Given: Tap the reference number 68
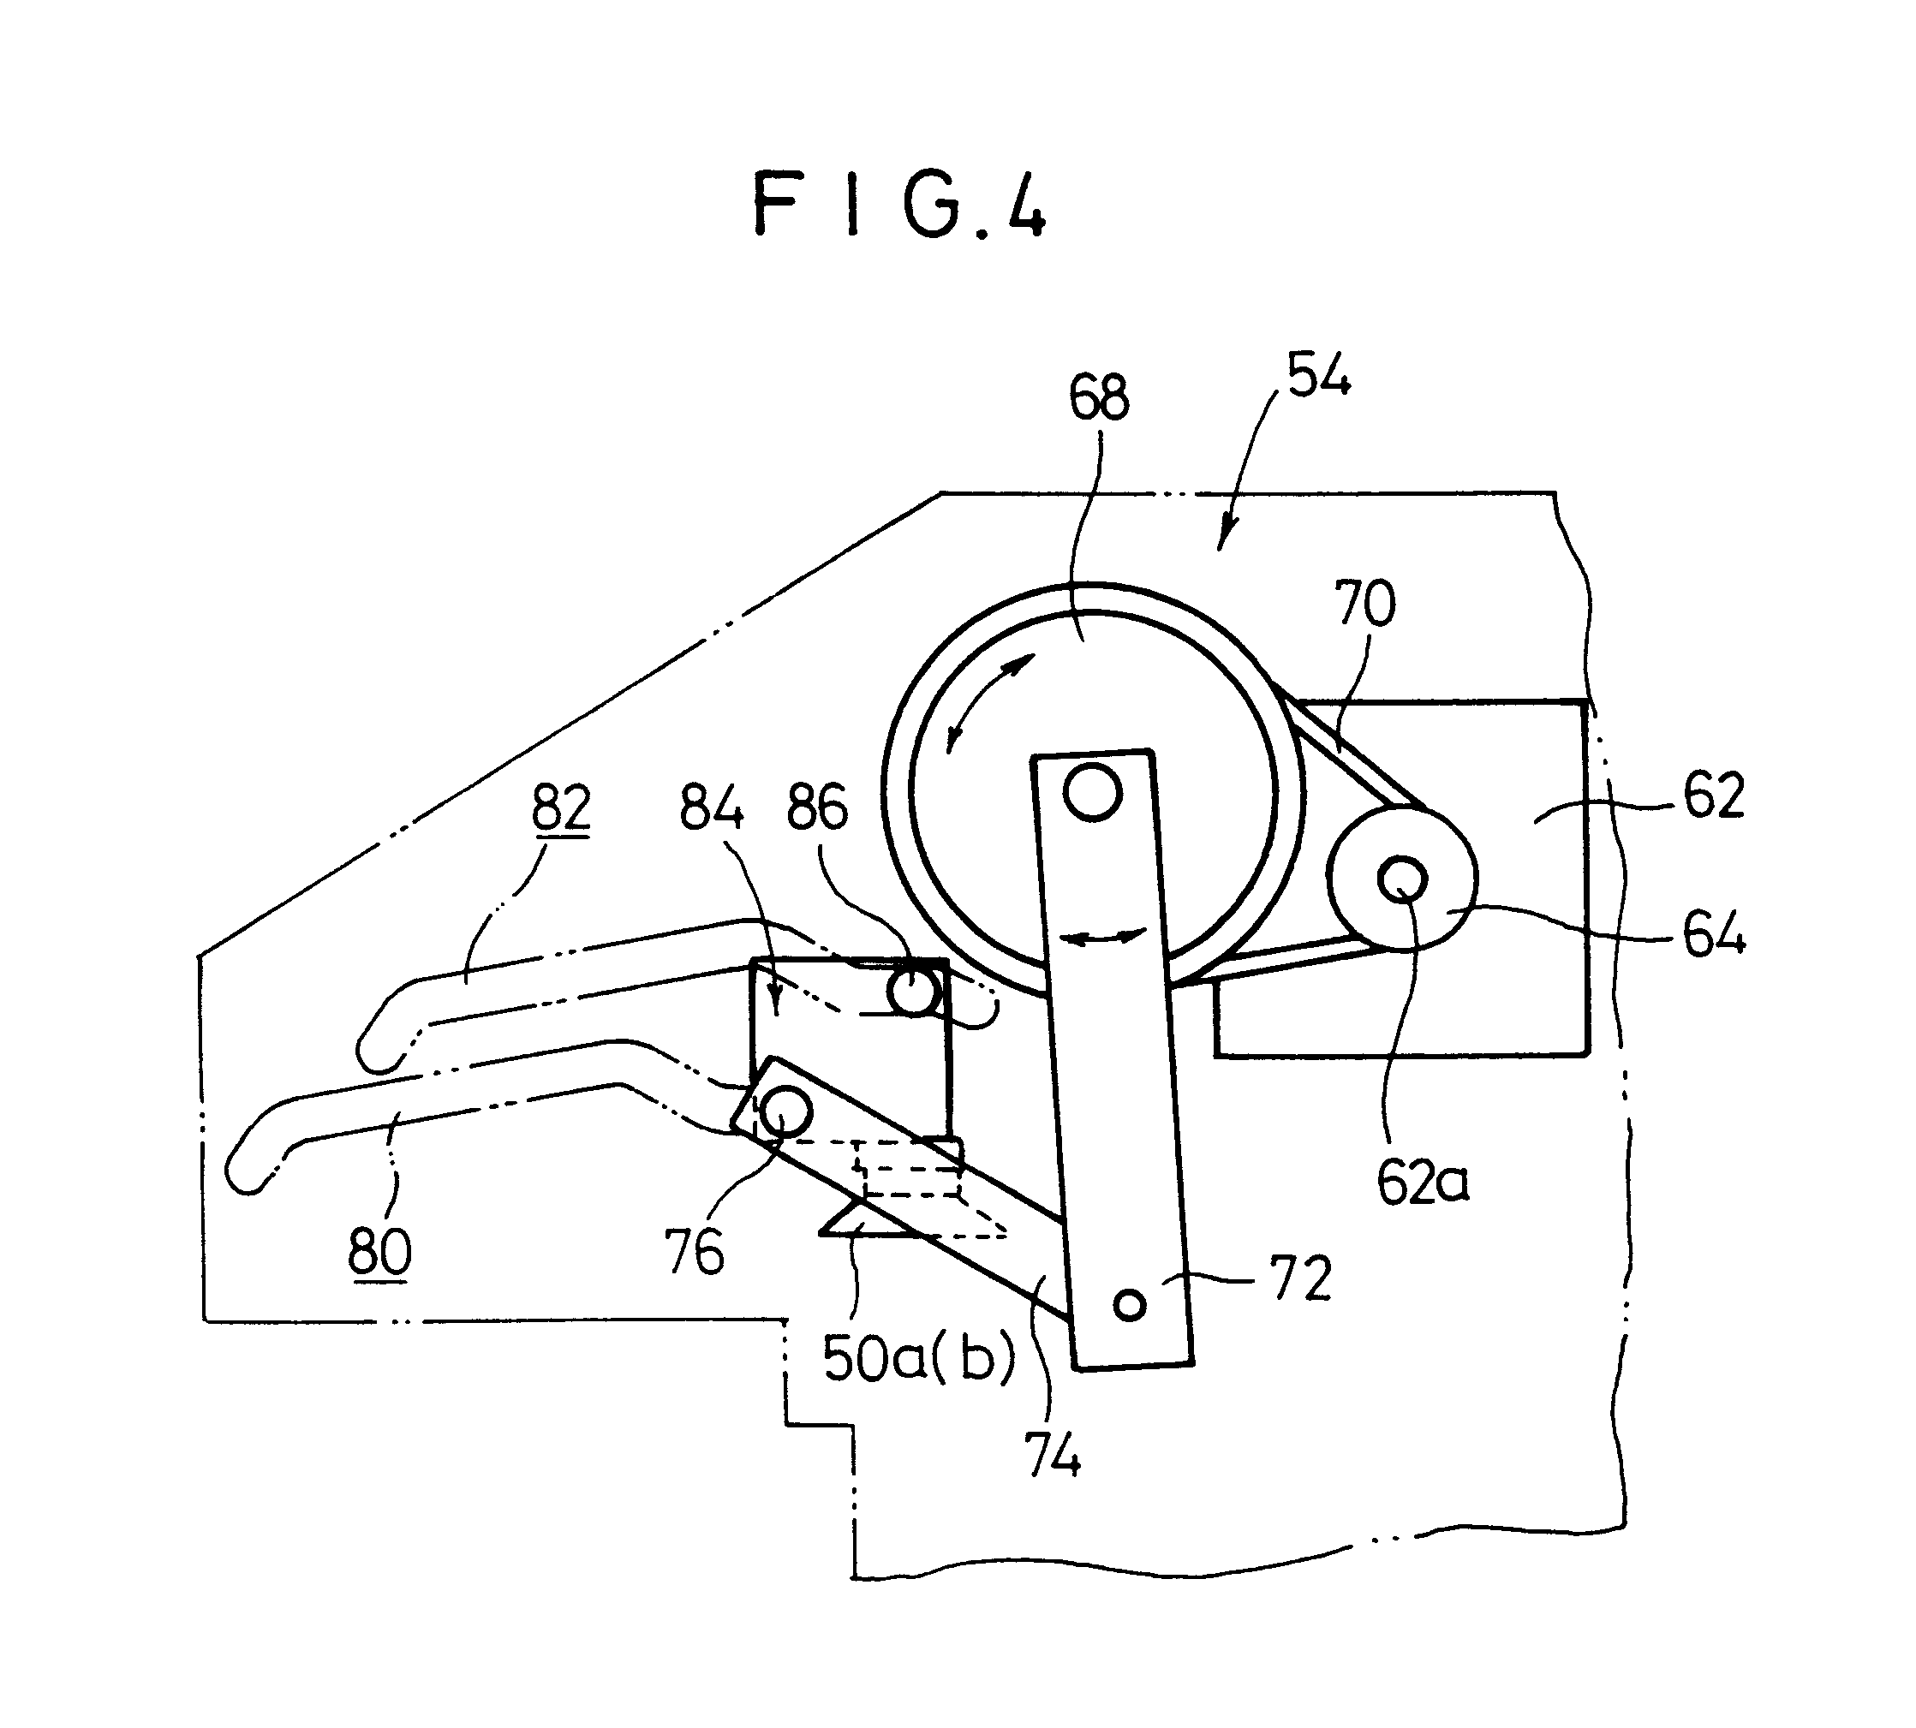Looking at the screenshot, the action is tap(1099, 398).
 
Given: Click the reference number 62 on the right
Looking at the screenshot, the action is tap(1714, 795).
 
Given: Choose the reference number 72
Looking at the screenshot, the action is tap(1302, 1278).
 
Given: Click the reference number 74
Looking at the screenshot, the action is tap(1052, 1454).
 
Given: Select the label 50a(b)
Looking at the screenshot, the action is tap(919, 1359).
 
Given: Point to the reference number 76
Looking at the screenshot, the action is tap(694, 1251).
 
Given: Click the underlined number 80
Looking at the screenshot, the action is tap(379, 1250).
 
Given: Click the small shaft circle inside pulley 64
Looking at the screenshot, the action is tap(1402, 880).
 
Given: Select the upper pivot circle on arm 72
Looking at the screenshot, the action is tap(1093, 790).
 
